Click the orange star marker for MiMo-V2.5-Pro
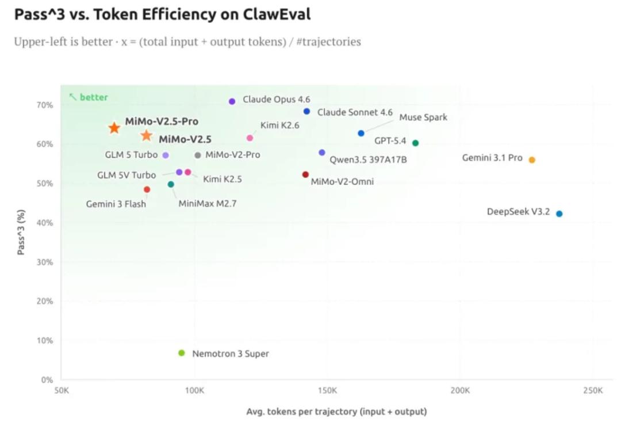[x=114, y=128]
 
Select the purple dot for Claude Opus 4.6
[x=232, y=101]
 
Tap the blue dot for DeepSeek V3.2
[x=559, y=214]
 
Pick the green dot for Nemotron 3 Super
[x=182, y=353]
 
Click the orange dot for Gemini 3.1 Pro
[x=532, y=160]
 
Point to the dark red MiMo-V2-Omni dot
[x=305, y=174]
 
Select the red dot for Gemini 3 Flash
[x=147, y=189]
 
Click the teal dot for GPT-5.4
[x=416, y=143]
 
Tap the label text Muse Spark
[x=423, y=117]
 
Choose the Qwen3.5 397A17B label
[x=368, y=159]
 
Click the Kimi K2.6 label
[x=280, y=125]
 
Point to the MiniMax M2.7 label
[x=208, y=203]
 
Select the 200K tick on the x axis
[x=460, y=391]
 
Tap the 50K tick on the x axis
[x=62, y=391]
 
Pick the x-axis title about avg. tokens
[x=336, y=412]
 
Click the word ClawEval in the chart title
[x=275, y=14]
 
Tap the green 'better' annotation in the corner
[x=89, y=97]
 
